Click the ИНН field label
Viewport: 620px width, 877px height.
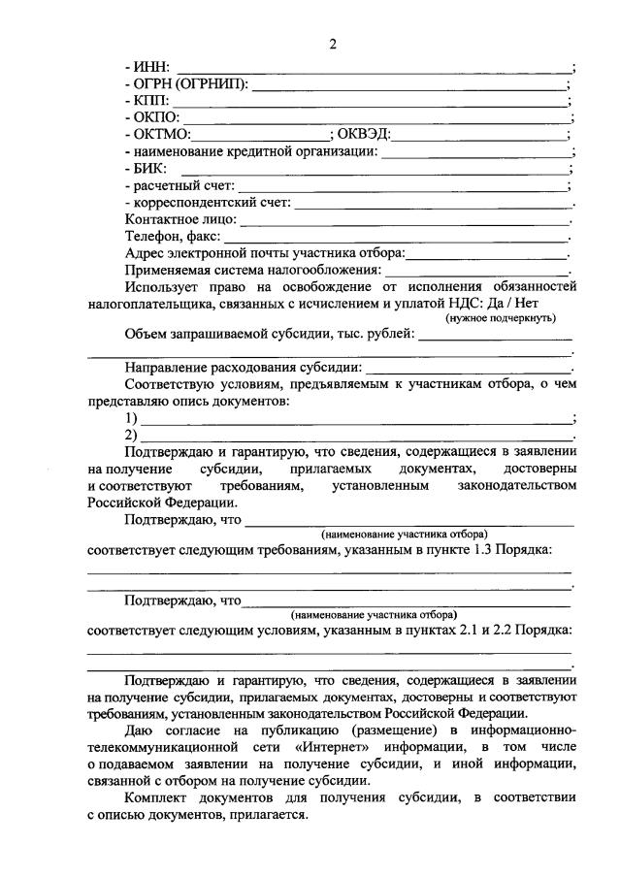(147, 67)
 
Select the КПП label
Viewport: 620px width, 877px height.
(147, 101)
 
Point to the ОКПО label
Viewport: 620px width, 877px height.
(152, 118)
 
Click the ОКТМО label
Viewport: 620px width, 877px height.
(158, 135)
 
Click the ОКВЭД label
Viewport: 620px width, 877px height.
(368, 135)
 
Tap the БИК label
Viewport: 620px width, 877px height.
(147, 169)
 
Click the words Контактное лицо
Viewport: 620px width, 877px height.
(179, 220)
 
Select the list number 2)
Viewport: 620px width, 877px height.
(131, 436)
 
